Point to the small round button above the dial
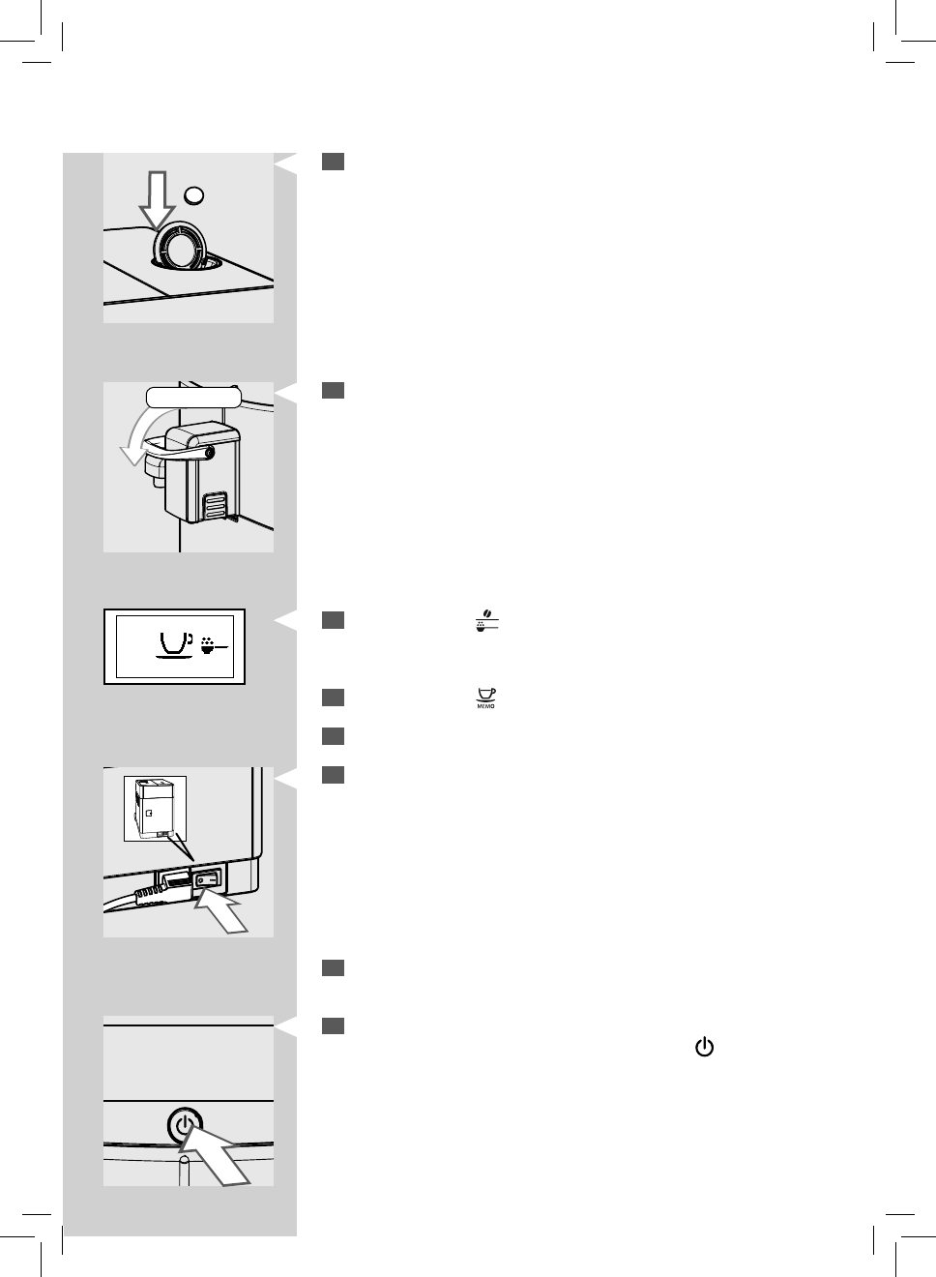pyautogui.click(x=195, y=194)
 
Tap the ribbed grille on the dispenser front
pyautogui.click(x=216, y=506)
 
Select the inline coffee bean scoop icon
pyautogui.click(x=486, y=621)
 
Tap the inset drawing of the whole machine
pyautogui.click(x=155, y=807)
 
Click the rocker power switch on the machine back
pyautogui.click(x=208, y=880)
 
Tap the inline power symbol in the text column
pyautogui.click(x=704, y=1048)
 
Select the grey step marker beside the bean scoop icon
pyautogui.click(x=334, y=620)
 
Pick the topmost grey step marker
pyautogui.click(x=334, y=162)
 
